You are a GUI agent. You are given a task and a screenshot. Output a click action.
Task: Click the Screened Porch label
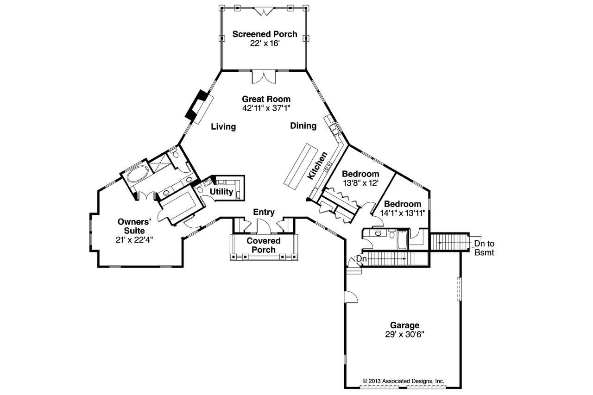click(x=265, y=34)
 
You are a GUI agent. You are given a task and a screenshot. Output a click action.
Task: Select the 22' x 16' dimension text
click(x=265, y=43)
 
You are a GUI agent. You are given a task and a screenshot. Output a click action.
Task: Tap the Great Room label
click(x=266, y=99)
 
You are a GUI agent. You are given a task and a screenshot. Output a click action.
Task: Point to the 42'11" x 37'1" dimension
click(x=266, y=108)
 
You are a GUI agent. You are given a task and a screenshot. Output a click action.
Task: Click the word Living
click(x=223, y=126)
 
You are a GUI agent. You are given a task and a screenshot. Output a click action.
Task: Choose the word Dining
click(x=303, y=125)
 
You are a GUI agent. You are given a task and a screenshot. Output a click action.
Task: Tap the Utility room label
click(x=221, y=191)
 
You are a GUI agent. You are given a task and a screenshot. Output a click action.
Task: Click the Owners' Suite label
click(x=134, y=226)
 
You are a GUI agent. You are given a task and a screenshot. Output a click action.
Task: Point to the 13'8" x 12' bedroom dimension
click(x=360, y=183)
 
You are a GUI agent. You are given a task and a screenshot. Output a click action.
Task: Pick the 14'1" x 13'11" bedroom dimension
click(x=403, y=213)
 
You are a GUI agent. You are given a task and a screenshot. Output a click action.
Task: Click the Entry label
click(x=264, y=212)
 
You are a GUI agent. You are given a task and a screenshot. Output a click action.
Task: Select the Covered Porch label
click(x=264, y=245)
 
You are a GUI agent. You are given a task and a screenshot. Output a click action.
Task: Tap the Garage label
click(x=404, y=325)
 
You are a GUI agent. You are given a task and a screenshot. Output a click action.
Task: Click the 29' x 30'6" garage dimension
click(x=404, y=334)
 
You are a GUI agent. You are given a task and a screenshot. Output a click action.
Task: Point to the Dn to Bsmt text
click(x=484, y=248)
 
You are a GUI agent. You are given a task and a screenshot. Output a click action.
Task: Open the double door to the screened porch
click(x=264, y=77)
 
